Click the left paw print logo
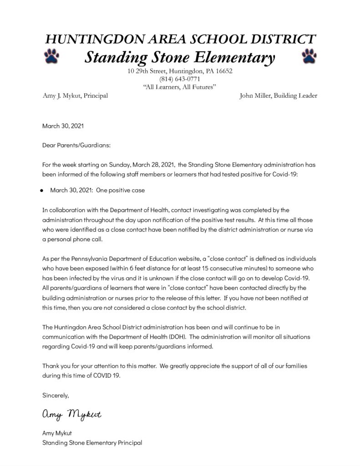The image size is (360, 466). tap(51, 57)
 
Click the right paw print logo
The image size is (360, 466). tap(309, 56)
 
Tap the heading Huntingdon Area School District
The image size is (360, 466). tap(180, 40)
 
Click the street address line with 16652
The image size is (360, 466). tap(180, 71)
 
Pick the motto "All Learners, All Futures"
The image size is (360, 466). tap(180, 87)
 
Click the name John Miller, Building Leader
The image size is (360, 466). tap(278, 96)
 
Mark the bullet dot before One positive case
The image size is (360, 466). tap(41, 191)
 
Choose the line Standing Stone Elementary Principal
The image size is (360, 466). tap(92, 442)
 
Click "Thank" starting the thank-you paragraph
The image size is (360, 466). tap(51, 366)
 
